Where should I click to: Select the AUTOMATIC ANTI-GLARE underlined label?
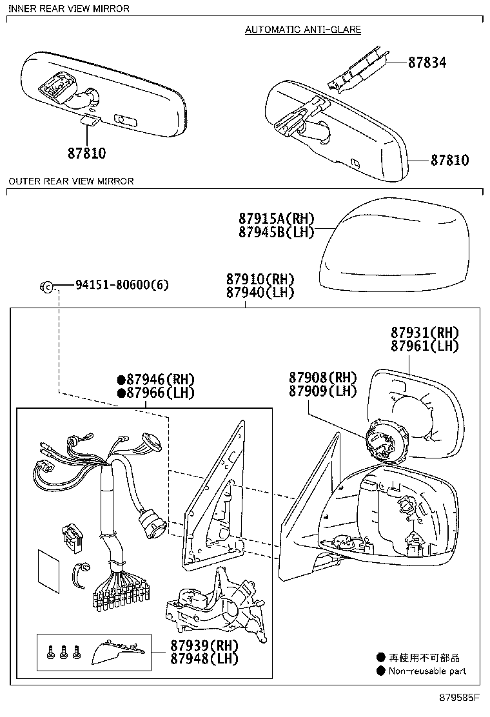(303, 30)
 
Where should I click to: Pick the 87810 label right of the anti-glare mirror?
(449, 161)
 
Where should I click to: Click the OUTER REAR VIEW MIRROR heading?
(71, 181)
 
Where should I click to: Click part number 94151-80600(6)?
(122, 284)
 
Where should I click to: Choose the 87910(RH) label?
(260, 279)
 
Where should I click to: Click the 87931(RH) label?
(424, 333)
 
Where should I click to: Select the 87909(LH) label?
(322, 391)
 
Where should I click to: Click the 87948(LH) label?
(204, 658)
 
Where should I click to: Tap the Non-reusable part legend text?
(427, 671)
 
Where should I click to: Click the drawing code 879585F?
(460, 698)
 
